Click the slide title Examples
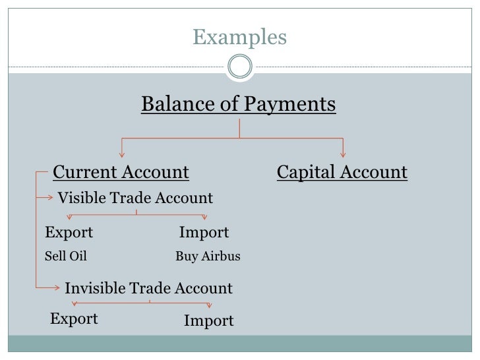(x=239, y=38)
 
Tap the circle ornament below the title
(x=239, y=67)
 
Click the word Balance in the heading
(x=172, y=104)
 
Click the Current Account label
(x=121, y=173)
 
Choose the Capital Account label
(x=342, y=173)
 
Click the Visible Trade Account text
(x=135, y=198)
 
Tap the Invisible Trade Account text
(x=148, y=288)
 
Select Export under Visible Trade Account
(x=69, y=233)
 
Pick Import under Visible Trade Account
(x=204, y=233)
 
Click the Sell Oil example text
(x=65, y=256)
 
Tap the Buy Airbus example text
(x=208, y=256)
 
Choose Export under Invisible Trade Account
(x=74, y=319)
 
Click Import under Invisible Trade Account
(x=208, y=321)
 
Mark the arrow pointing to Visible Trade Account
(x=49, y=196)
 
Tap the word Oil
(x=77, y=256)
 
